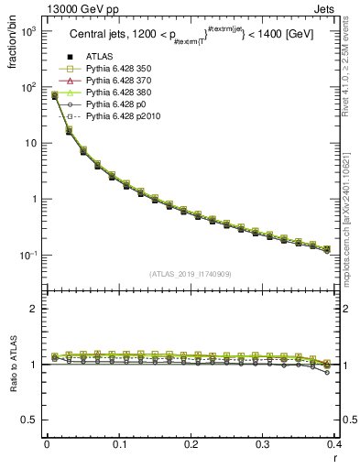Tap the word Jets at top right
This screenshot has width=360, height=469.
coord(342,8)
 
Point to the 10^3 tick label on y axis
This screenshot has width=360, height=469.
coord(27,31)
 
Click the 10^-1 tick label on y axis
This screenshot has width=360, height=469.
coord(27,256)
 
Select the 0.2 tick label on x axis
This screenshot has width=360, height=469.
coord(191,445)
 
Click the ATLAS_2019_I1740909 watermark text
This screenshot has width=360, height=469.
coord(191,274)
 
